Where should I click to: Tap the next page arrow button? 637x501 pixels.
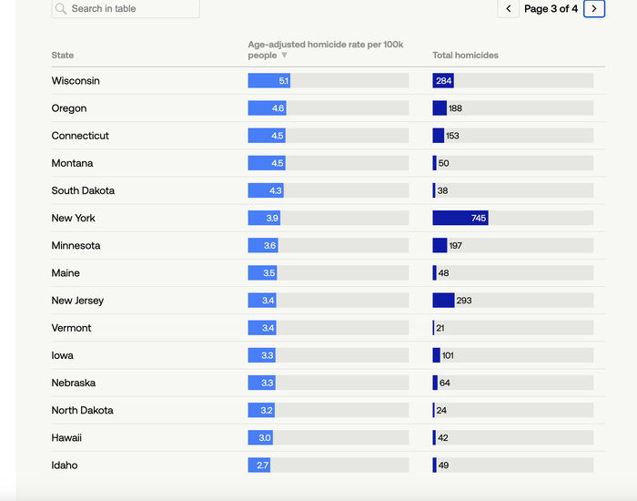(594, 9)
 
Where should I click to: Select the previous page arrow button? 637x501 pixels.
(508, 9)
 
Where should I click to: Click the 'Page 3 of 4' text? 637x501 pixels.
(551, 9)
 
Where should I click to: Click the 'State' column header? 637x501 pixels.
(63, 56)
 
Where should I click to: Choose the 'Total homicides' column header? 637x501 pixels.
(465, 56)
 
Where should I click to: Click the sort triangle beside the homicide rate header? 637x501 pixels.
(284, 56)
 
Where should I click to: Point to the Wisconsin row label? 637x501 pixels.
(76, 81)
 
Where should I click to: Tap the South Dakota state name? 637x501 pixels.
(83, 191)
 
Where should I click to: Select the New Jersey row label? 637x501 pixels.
(77, 301)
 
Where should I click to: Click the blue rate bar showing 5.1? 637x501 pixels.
(269, 81)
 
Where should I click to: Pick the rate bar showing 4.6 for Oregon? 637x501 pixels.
(267, 108)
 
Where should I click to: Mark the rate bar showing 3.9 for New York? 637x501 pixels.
(264, 219)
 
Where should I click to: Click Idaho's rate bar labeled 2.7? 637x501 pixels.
(258, 465)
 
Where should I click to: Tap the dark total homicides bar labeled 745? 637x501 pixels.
(460, 219)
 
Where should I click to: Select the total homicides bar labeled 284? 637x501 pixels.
(443, 81)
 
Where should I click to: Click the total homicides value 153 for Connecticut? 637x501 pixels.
(452, 136)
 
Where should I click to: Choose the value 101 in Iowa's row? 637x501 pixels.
(448, 355)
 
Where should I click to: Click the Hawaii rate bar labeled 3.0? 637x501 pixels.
(260, 438)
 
